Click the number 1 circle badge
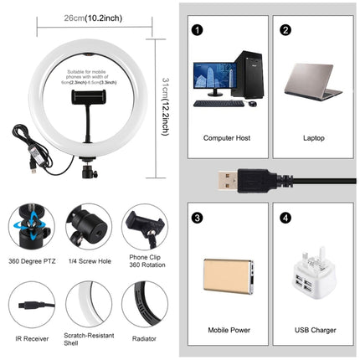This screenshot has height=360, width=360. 198,30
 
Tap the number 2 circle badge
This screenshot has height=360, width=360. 285,30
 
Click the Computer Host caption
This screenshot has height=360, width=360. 228,135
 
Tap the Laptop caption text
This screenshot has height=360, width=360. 314,135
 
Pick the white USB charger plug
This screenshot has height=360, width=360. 315,272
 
